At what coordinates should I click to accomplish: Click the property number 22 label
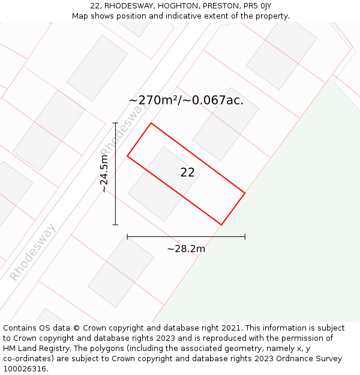click(187, 173)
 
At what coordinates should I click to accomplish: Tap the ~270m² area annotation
click(186, 100)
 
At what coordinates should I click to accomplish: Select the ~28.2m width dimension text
click(186, 248)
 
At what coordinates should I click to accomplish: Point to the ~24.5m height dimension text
click(104, 173)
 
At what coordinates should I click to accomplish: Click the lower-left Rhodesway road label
click(33, 252)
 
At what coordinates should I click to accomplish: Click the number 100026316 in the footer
click(25, 369)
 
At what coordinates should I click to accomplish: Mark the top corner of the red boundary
click(151, 123)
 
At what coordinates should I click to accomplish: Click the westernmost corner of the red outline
click(127, 157)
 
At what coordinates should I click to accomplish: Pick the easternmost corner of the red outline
click(245, 193)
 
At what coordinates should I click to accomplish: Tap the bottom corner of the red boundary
click(221, 225)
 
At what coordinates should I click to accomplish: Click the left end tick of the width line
click(127, 237)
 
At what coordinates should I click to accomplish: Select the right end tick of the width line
click(245, 237)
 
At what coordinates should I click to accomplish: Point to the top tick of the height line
click(115, 123)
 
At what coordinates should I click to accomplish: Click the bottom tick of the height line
click(115, 225)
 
